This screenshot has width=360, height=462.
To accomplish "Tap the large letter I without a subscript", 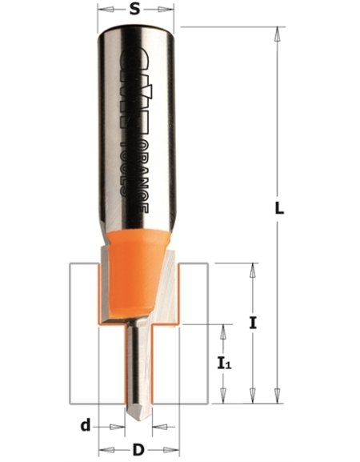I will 253,323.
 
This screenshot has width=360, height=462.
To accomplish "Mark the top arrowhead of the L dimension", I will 278,33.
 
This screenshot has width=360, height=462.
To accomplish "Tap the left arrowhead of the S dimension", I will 102,10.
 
